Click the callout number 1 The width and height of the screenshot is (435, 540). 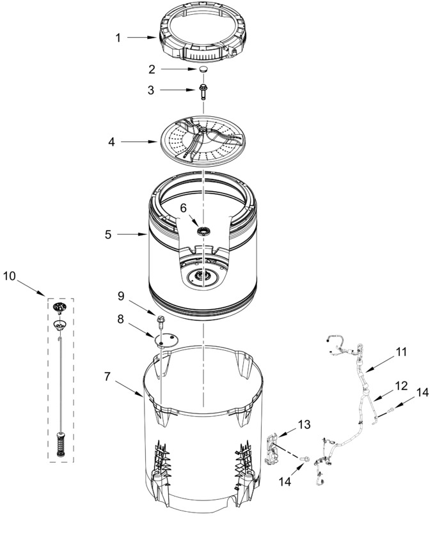click(118, 38)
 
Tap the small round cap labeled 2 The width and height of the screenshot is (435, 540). click(203, 69)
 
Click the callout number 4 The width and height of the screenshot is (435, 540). click(111, 141)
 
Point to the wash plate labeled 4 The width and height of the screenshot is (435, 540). click(202, 141)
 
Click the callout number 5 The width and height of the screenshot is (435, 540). click(108, 235)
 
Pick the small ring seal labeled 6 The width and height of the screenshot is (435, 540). click(203, 231)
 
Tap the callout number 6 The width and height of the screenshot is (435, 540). click(184, 208)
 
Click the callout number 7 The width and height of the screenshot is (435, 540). click(107, 377)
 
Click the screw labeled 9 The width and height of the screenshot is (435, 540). click(161, 320)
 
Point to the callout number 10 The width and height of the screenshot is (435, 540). click(10, 276)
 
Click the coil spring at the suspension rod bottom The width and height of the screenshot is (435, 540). click(61, 444)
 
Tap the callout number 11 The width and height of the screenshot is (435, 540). click(401, 352)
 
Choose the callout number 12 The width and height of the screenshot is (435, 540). click(401, 386)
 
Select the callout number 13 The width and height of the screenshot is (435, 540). click(304, 424)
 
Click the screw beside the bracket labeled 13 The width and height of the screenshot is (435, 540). click(304, 459)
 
